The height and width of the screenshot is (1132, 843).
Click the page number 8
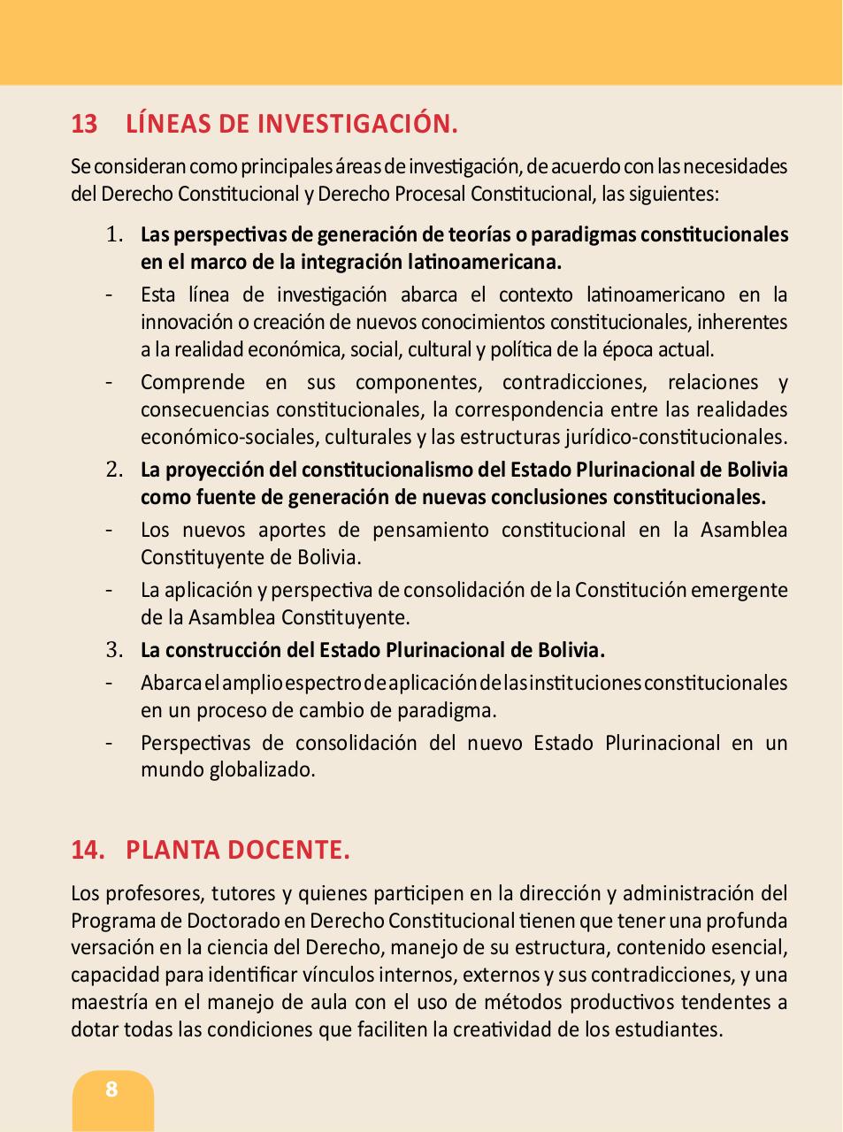point(111,1089)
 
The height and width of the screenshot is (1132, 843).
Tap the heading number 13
point(84,124)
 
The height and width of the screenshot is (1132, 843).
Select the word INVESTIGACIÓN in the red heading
point(357,124)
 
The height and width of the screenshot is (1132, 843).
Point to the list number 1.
point(114,234)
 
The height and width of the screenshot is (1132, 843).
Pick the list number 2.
point(114,470)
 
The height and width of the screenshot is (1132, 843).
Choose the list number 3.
point(114,650)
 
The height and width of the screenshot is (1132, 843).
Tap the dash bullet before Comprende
point(109,383)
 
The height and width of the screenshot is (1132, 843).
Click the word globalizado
point(262,769)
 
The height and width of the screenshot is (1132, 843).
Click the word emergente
point(739,590)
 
